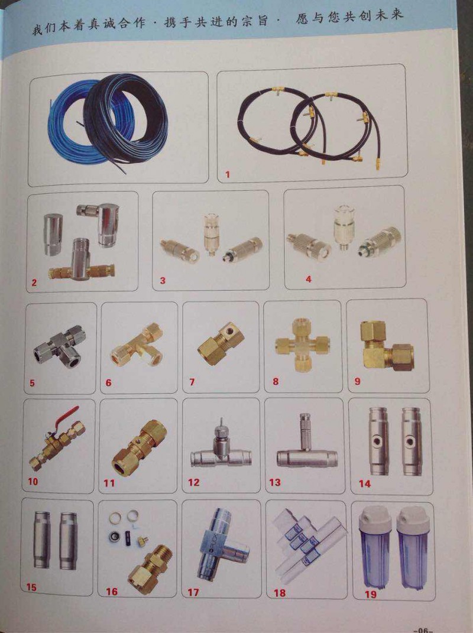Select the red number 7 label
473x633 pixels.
[x=192, y=381]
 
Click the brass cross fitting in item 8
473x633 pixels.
[x=303, y=343]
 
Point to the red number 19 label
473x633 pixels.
[x=370, y=594]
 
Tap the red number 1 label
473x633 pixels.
[x=228, y=174]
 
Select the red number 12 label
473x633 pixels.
[x=193, y=482]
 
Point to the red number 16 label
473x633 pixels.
[x=112, y=592]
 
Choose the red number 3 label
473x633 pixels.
[x=163, y=280]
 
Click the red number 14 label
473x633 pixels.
[x=364, y=483]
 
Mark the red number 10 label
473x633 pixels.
[x=33, y=481]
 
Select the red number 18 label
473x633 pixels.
[x=280, y=593]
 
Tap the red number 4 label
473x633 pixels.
[x=309, y=279]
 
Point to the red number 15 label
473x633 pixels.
[x=31, y=587]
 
